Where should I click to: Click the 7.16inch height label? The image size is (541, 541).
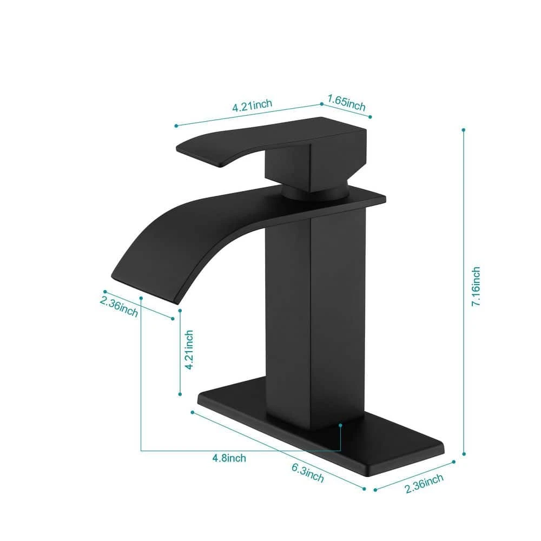pos(476,286)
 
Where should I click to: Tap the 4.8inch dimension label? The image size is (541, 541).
pos(229,458)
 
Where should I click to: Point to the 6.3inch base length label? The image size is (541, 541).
pos(308,473)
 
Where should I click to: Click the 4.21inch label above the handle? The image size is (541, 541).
pos(252,105)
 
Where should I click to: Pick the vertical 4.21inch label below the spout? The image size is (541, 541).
pos(189,350)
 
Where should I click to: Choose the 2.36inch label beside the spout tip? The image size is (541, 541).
pos(119,307)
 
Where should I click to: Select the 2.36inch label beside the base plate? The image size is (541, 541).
pos(424,483)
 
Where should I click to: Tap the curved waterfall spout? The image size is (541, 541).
pos(193,235)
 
